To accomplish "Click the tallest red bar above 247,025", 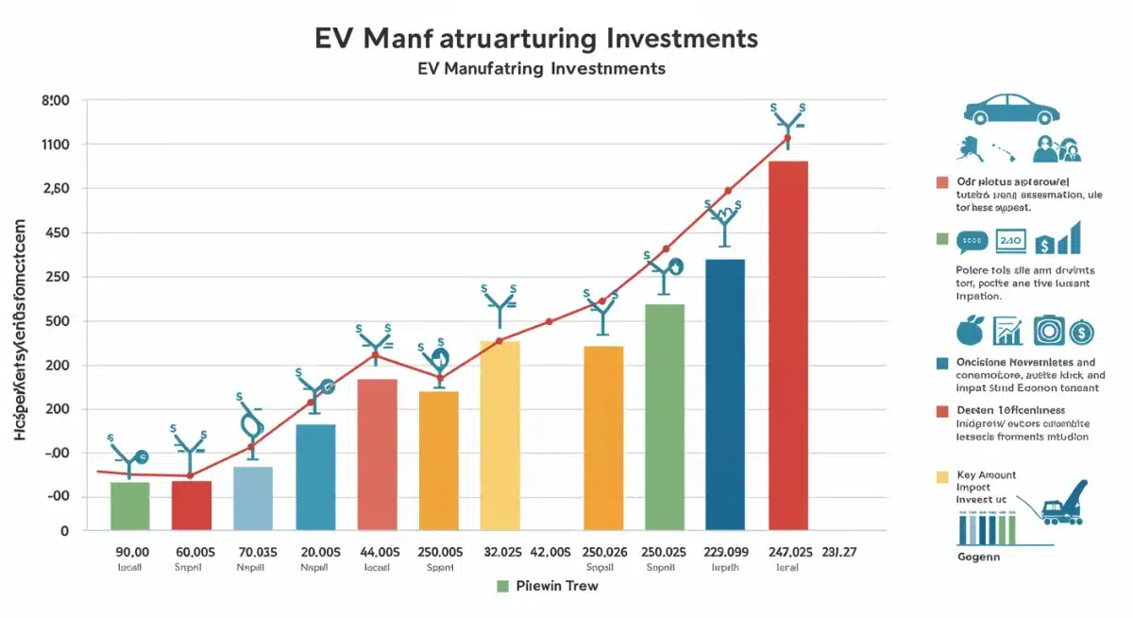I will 788,345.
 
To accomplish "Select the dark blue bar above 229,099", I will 725,394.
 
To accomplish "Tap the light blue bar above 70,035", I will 252,498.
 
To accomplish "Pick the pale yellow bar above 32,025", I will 500,435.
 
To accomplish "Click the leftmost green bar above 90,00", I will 129,506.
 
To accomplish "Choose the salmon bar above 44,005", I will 377,454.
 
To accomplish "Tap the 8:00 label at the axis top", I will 57,100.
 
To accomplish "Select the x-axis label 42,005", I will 551,552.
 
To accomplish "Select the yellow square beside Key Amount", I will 940,476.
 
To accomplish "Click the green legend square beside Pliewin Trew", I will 503,586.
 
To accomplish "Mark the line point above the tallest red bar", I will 786,139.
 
